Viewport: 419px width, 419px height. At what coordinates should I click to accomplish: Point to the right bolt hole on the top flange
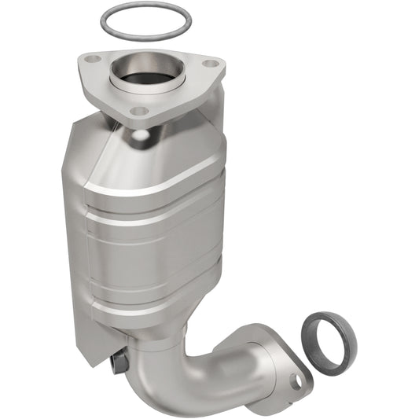(210, 64)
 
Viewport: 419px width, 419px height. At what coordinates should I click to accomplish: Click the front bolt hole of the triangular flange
(139, 111)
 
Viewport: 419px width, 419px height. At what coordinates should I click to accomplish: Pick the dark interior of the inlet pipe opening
(144, 78)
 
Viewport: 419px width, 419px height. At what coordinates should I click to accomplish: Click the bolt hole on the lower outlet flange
(296, 382)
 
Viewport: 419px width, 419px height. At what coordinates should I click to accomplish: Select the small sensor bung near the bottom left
(119, 363)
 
